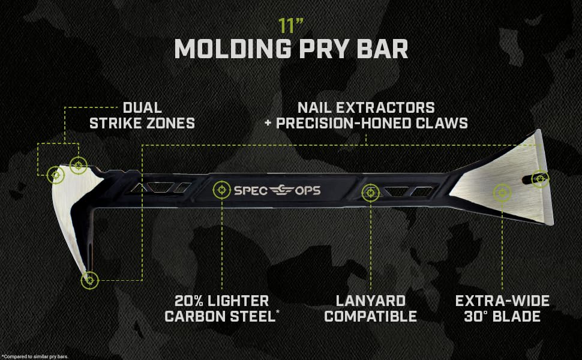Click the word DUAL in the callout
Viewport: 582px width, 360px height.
tap(142, 108)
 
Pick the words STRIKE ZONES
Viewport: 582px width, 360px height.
tap(142, 124)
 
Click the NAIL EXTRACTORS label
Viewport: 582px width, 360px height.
tap(366, 108)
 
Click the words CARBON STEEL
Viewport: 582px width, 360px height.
tap(220, 316)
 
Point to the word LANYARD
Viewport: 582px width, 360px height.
tap(371, 301)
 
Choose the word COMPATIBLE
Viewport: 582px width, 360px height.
tap(371, 316)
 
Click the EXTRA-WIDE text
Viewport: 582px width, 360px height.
tap(502, 301)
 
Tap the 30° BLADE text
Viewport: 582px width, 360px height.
tap(502, 316)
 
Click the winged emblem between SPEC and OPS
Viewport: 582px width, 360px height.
tap(280, 190)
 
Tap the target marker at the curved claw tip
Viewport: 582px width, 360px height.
tap(89, 279)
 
